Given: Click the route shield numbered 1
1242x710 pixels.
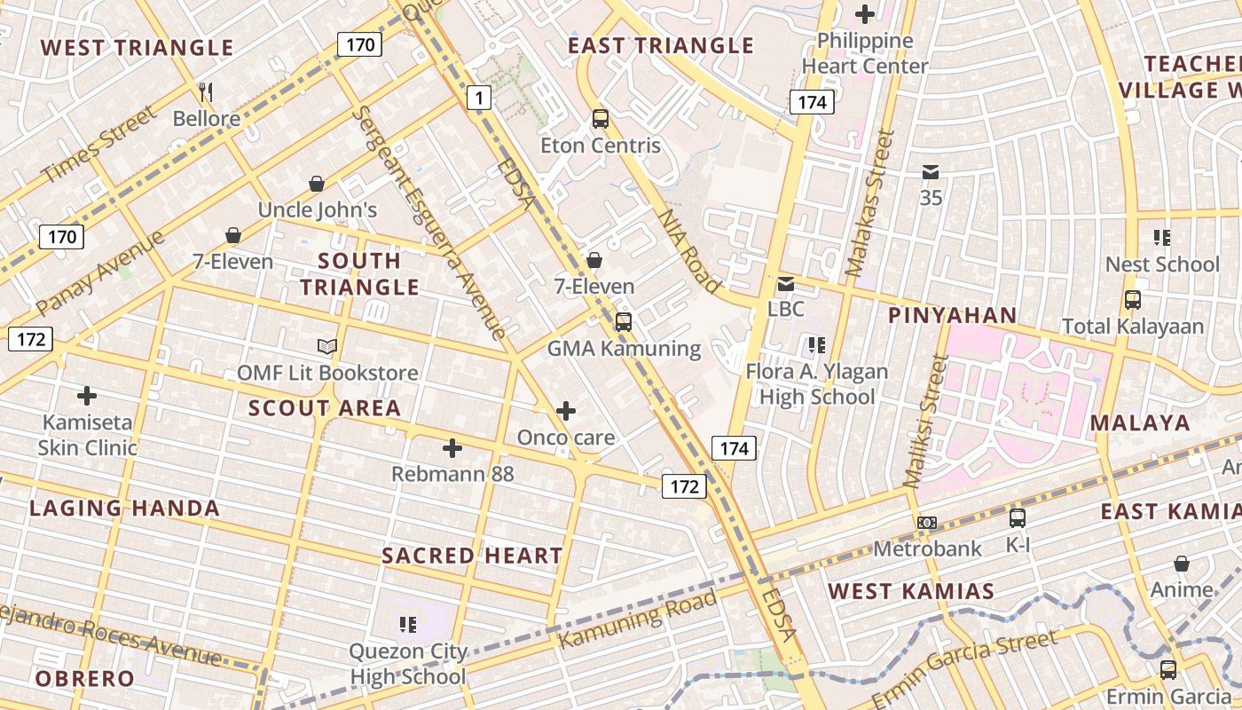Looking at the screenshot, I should click(x=479, y=98).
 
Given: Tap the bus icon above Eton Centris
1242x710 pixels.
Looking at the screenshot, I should click(x=601, y=118).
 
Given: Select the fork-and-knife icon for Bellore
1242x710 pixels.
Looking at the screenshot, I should click(x=206, y=91).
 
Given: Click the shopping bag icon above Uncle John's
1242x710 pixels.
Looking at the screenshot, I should click(x=317, y=184).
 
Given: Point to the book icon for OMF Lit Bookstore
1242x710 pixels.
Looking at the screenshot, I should click(x=327, y=346).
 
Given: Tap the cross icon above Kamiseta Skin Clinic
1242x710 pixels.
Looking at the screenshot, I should click(x=87, y=395).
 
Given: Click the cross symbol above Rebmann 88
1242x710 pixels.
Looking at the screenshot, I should click(x=452, y=448).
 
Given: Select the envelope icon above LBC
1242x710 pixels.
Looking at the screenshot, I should click(x=786, y=284).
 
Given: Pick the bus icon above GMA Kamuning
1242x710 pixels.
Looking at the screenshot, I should click(x=624, y=322).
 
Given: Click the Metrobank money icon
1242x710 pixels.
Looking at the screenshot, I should click(x=927, y=523).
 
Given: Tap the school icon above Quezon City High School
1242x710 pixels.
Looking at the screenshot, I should click(x=408, y=625).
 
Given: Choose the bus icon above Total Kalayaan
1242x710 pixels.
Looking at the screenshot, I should click(x=1133, y=300).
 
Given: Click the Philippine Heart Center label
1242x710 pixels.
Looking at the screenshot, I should click(x=865, y=53).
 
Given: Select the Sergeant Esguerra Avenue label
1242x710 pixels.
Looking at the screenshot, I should click(x=429, y=222).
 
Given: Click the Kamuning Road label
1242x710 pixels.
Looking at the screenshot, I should click(x=637, y=619).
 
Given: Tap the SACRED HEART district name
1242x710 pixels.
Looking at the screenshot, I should click(x=472, y=556).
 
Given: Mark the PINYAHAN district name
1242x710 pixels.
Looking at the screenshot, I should click(x=952, y=316).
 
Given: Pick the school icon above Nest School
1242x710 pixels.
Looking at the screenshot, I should click(x=1162, y=238).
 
